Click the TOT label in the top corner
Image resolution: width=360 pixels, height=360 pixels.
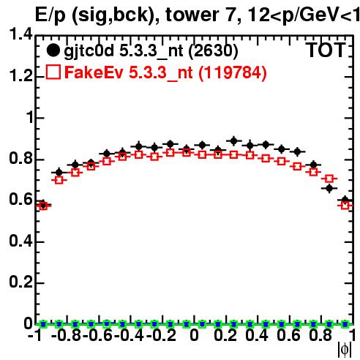326,50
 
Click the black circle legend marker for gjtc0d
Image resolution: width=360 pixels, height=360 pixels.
53,50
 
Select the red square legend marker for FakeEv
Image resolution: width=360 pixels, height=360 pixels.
53,72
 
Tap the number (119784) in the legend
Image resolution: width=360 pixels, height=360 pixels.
233,72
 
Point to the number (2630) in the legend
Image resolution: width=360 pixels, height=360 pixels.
213,50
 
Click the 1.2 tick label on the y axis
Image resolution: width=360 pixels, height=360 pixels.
20,76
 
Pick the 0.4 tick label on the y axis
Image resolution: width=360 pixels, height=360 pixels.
20,241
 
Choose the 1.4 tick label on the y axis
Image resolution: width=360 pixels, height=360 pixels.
20,34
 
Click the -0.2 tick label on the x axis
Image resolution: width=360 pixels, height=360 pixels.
162,335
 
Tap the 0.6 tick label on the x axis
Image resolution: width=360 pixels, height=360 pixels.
288,335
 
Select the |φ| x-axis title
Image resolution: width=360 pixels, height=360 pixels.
345,350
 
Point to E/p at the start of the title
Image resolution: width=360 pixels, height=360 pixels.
50,15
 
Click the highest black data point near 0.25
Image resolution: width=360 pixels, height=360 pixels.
233,140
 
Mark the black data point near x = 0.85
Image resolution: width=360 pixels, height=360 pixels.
329,188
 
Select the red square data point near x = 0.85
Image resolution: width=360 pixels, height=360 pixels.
329,179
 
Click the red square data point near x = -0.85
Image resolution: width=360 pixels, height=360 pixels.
59,180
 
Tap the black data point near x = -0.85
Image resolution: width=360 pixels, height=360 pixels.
59,173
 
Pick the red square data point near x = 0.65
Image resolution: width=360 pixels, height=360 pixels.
297,167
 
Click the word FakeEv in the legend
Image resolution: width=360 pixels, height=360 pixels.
94,72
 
